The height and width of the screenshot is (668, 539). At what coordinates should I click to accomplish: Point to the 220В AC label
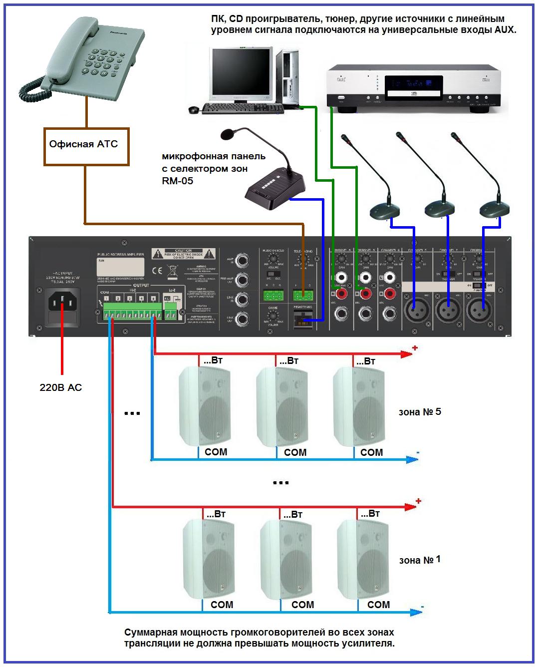[x=60, y=387]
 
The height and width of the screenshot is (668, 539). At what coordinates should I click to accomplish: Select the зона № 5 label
[x=420, y=412]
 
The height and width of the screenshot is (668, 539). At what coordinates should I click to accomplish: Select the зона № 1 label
[x=420, y=560]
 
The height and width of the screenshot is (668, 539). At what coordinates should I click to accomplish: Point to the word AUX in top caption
[x=504, y=30]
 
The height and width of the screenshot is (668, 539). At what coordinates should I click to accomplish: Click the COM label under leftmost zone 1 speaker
[x=222, y=605]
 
